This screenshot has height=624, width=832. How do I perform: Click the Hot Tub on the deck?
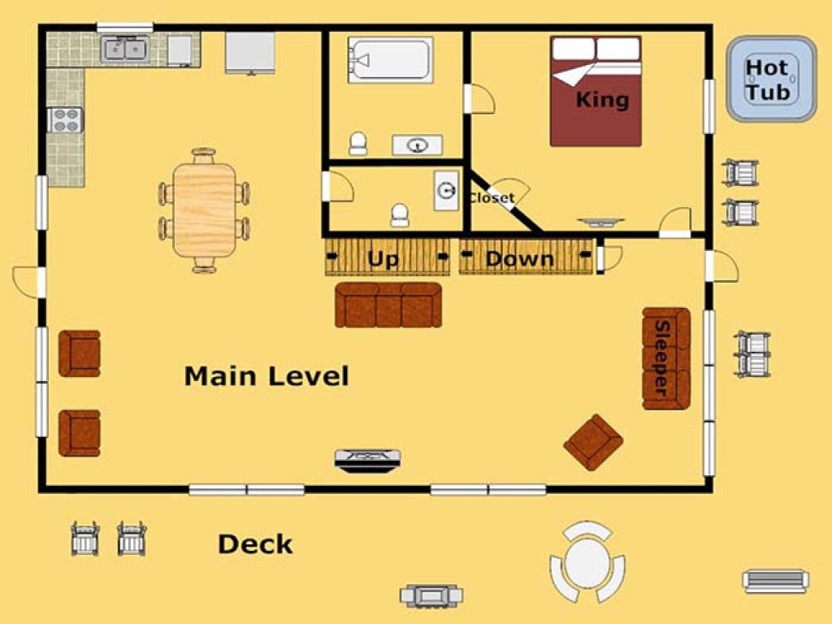tap(771, 79)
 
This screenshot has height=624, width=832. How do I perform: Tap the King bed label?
tap(602, 99)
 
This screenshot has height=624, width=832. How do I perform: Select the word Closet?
tap(492, 198)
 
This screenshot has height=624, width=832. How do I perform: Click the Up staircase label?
tap(383, 258)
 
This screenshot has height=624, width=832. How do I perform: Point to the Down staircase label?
tap(520, 258)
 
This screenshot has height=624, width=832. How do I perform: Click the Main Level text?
tap(266, 375)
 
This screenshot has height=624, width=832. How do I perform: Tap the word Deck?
tap(255, 544)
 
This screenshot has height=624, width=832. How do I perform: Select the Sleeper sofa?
tap(666, 358)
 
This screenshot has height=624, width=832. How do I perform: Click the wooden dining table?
tap(204, 210)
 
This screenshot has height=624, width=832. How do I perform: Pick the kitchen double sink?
tap(125, 50)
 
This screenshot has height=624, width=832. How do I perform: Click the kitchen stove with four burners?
tap(65, 120)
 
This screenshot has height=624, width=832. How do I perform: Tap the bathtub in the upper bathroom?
tap(390, 59)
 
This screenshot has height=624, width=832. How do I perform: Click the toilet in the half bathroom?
tap(400, 214)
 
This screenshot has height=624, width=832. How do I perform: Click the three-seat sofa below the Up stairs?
tap(388, 305)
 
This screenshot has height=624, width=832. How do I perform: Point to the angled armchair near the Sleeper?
tap(593, 443)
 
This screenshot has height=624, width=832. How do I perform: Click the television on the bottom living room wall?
tap(368, 460)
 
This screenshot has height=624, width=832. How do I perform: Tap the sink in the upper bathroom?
tap(417, 145)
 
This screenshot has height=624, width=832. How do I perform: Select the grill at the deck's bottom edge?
tap(431, 596)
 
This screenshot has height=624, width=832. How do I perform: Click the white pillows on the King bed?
tap(596, 49)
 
